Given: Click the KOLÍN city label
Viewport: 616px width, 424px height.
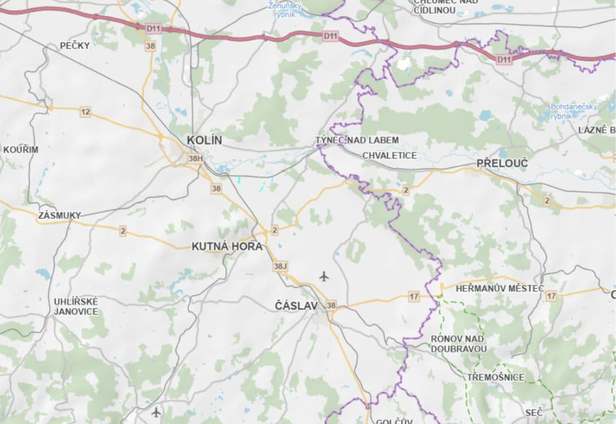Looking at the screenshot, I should point(204,140).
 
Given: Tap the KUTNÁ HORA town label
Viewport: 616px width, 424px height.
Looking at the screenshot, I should point(227,246).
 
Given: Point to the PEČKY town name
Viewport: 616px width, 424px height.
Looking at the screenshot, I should point(75,46).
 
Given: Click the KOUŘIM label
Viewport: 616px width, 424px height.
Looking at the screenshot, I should point(21,149).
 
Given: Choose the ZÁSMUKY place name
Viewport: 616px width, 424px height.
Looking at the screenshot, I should point(59,215).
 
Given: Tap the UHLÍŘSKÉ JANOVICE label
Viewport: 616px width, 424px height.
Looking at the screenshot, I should point(76,306).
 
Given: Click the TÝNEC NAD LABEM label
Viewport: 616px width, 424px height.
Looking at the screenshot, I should point(357,140).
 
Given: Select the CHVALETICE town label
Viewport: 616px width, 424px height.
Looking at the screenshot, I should point(390,155).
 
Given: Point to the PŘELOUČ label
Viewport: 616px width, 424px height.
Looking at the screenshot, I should point(502,163).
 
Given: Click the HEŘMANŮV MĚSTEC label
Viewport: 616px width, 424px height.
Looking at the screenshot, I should point(500,288).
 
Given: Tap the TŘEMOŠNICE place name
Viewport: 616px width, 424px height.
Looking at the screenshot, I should point(496,377).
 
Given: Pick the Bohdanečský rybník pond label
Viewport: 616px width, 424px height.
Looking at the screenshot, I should point(574,111).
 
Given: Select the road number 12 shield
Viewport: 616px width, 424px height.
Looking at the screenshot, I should point(85,111).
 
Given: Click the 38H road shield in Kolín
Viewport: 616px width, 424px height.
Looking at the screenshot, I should point(196,158).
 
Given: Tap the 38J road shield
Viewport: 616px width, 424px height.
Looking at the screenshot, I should point(280,266).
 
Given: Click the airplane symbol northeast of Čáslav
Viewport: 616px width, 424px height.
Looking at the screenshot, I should point(324,276).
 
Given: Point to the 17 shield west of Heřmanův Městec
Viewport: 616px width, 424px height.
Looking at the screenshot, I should point(414,296).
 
